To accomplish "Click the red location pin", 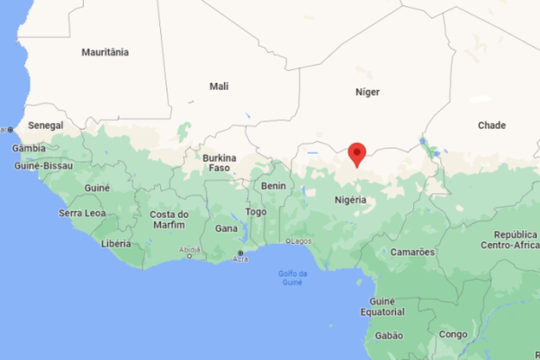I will (x=357, y=153).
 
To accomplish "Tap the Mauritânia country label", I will (x=105, y=52).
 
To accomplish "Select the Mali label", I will (x=219, y=86).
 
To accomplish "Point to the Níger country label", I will (x=368, y=92).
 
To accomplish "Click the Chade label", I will (x=492, y=126).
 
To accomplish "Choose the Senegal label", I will (x=45, y=126).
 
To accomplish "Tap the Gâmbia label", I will (x=29, y=148).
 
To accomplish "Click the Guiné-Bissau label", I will (x=44, y=166).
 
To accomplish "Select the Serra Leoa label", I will (x=82, y=213).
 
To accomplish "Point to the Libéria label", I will (x=116, y=244).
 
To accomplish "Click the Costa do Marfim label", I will (x=169, y=220).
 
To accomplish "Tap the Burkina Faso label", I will (x=220, y=163).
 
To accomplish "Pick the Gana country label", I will (x=226, y=229).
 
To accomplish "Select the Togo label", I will (x=256, y=212).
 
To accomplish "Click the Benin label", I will (x=274, y=185).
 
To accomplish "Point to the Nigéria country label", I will (x=351, y=200).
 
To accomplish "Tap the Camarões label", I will (x=413, y=252).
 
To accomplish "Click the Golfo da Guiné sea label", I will (x=292, y=278).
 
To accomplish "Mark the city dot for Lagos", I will (x=288, y=241).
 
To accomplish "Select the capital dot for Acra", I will (x=240, y=252).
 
